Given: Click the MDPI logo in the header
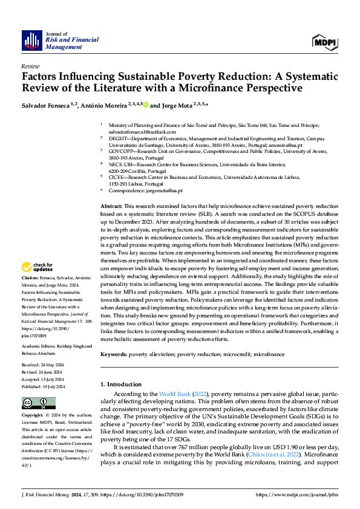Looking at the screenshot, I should click(x=324, y=41).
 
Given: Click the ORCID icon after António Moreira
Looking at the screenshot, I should click(x=146, y=105).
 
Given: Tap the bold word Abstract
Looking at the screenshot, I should click(x=112, y=207).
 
